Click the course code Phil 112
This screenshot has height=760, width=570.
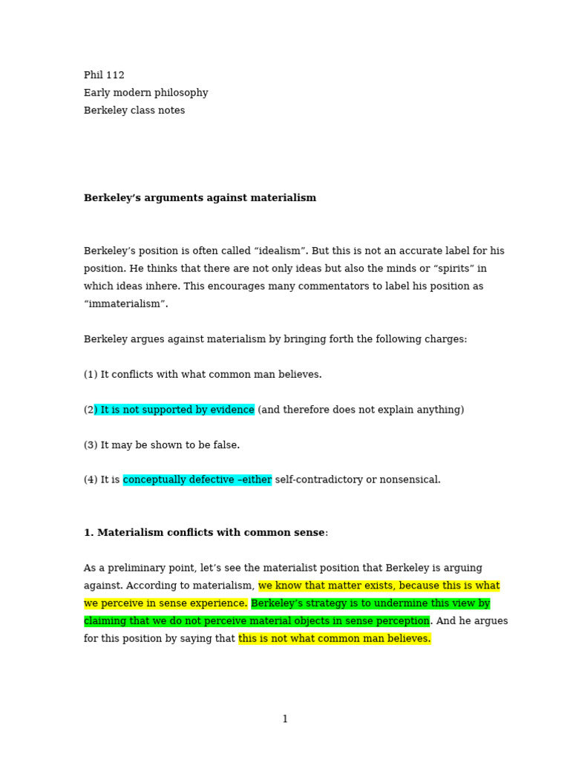click(x=104, y=75)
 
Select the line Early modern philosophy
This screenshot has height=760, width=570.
click(x=145, y=93)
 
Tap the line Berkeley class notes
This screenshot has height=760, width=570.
click(x=134, y=111)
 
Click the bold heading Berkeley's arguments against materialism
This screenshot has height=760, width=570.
click(x=200, y=198)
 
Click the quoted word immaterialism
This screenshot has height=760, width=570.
click(x=126, y=304)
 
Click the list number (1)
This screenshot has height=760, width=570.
click(x=91, y=375)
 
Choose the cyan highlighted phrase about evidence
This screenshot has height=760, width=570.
click(x=176, y=410)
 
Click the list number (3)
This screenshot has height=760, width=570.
click(x=91, y=445)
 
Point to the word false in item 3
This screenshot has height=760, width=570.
click(x=226, y=445)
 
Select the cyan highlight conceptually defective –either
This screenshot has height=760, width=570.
click(x=197, y=480)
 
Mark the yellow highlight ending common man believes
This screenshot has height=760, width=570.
click(x=335, y=639)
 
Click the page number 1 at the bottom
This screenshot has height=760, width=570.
click(x=285, y=719)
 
